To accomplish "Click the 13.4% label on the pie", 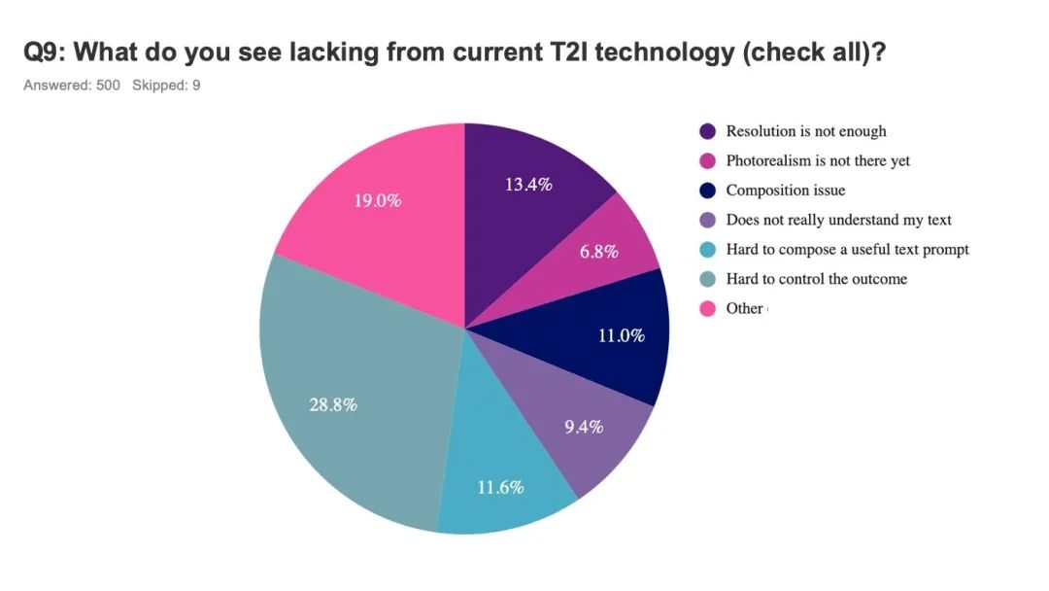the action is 528,184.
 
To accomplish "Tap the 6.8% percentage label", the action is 598,252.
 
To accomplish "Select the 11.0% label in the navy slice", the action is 622,335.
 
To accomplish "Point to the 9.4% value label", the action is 584,427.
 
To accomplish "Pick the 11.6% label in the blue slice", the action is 500,487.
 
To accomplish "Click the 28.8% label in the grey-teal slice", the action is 333,404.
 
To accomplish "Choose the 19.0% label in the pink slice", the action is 377,201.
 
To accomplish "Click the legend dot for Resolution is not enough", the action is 708,131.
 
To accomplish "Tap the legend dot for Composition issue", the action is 708,191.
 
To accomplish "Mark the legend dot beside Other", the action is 708,308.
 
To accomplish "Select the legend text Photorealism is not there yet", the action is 818,160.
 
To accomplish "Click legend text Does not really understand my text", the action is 839,220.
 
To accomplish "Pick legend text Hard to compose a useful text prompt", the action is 848,250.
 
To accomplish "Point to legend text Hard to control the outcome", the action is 817,279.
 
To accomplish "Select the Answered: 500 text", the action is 72,85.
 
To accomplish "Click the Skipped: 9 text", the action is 166,85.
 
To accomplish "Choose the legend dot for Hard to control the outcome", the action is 708,279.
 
